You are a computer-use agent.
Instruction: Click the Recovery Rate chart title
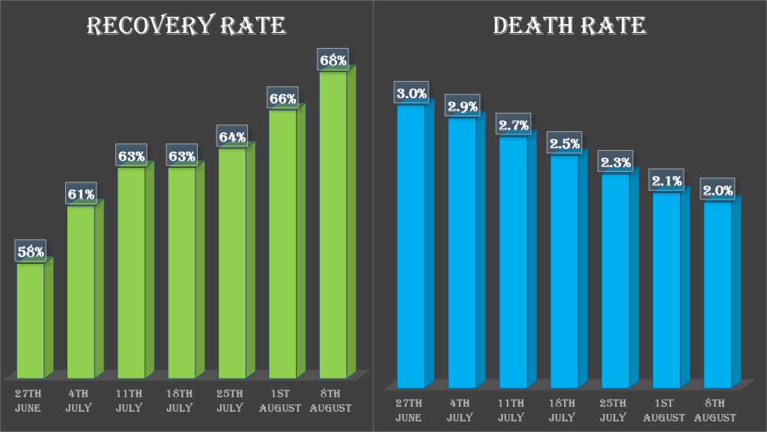187,26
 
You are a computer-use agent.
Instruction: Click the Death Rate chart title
569,26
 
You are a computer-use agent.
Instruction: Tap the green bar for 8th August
333,225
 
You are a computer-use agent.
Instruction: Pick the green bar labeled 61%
81,292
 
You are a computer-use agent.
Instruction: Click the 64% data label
232,136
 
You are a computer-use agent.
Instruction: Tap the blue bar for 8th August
717,292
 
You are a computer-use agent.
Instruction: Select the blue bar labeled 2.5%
564,270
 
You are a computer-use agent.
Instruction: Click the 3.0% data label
411,94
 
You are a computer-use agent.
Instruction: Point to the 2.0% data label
717,190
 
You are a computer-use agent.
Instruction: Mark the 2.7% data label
513,124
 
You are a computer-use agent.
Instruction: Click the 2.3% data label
615,162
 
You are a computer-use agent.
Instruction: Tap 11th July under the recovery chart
131,400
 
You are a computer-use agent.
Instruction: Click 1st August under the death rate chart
666,410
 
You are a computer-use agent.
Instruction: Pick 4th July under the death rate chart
462,410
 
